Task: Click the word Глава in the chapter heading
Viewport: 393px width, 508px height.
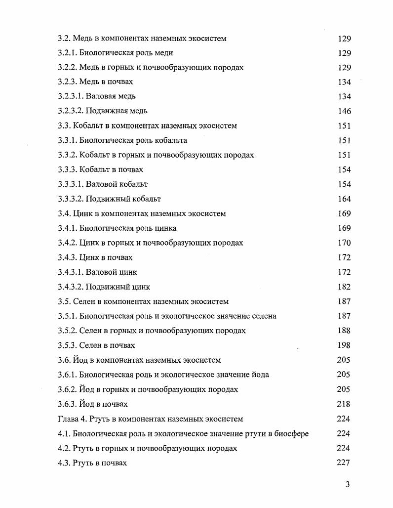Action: [68, 419]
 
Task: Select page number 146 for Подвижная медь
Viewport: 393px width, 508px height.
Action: [344, 111]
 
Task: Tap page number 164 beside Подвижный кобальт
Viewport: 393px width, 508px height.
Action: [344, 199]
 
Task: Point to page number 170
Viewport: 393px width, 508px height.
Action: [344, 243]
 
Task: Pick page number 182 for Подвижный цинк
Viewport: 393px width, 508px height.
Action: [344, 287]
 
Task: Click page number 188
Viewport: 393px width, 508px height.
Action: [344, 331]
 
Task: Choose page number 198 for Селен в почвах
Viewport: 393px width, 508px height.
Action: [344, 345]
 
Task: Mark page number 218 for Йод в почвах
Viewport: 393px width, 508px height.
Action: [344, 404]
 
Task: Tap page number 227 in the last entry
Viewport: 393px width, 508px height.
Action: [344, 463]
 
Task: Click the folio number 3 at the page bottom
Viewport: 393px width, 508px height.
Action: [348, 485]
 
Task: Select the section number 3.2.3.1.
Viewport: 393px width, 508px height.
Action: [71, 96]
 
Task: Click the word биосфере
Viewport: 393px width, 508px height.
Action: [291, 434]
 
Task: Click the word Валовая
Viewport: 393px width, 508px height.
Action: [101, 96]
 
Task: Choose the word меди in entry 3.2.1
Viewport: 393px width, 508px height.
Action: [163, 53]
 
